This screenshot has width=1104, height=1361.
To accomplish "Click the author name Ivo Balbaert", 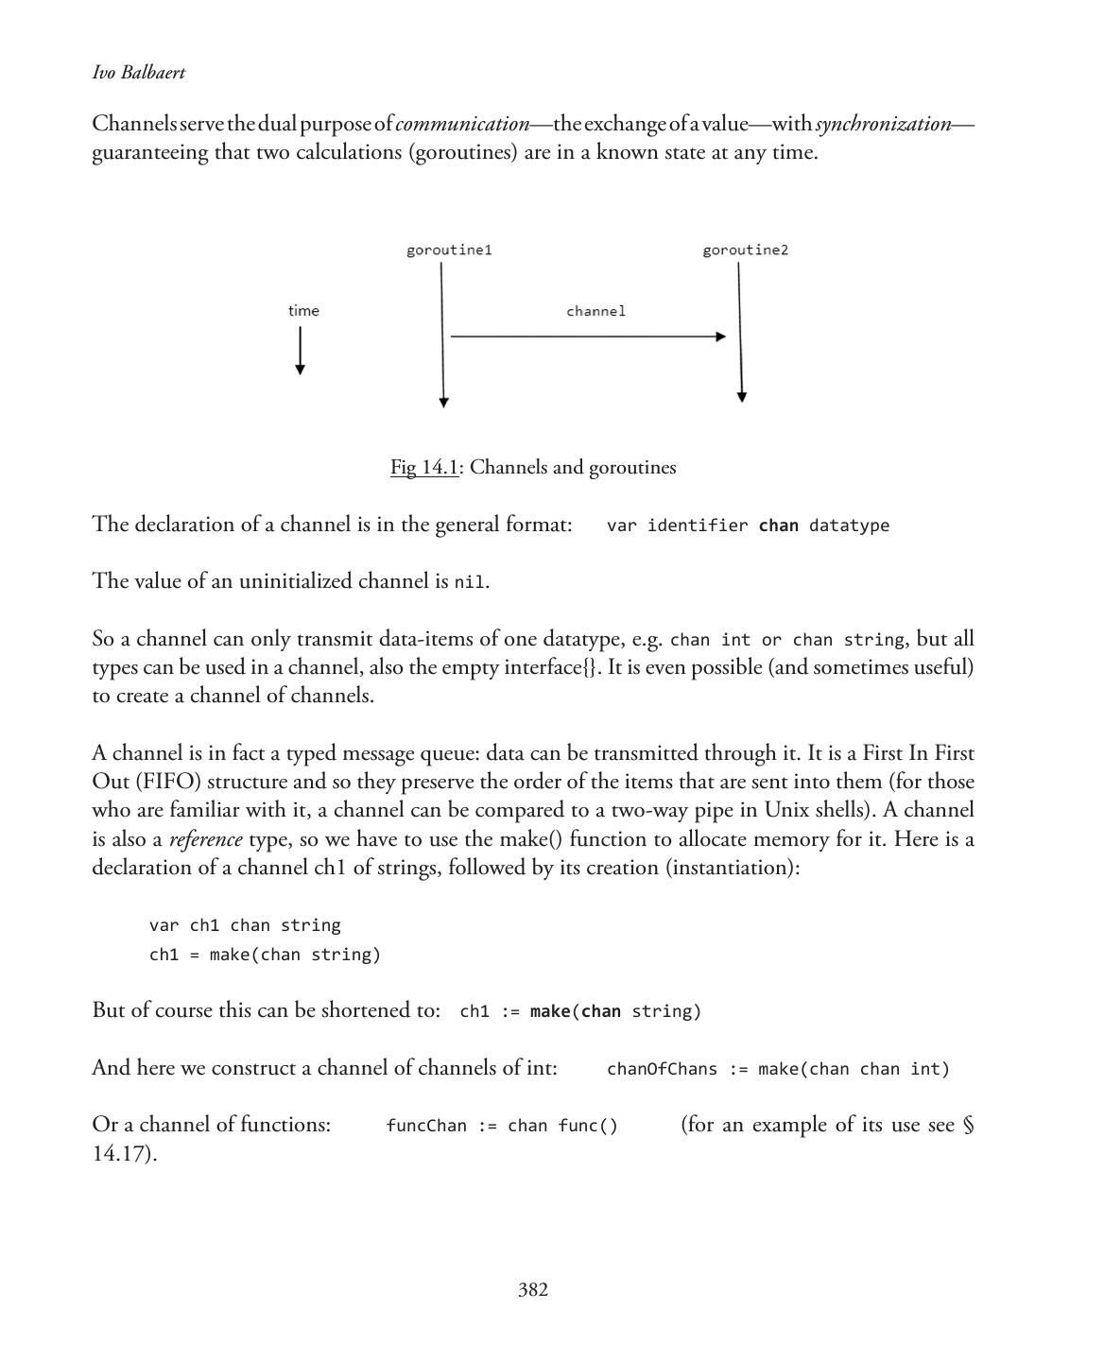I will tap(138, 73).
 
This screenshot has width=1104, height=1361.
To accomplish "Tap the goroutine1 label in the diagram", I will tap(449, 250).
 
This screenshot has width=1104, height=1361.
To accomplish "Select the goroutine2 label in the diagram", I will tap(745, 250).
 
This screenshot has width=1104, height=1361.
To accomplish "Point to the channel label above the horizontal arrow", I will tap(595, 311).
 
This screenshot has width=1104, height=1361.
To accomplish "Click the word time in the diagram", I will tap(303, 311).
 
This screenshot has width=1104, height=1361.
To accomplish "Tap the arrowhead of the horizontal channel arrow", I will tap(721, 336).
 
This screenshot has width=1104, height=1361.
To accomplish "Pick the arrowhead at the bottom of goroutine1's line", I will tap(443, 403).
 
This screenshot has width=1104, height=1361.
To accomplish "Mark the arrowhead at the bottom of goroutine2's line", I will tap(742, 397).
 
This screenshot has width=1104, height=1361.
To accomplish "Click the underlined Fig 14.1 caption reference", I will tap(424, 468).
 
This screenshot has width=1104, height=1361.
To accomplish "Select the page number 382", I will tap(533, 1290).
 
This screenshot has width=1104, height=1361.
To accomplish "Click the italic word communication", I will tap(463, 124).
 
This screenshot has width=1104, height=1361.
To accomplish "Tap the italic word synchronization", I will tap(884, 124).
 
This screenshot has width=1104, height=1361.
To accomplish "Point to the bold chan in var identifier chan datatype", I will tap(778, 525).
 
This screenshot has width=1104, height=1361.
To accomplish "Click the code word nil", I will tap(470, 582).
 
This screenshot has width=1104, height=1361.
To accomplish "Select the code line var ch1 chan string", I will tap(245, 925).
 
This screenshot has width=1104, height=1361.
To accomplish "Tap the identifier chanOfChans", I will tap(662, 1069).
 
